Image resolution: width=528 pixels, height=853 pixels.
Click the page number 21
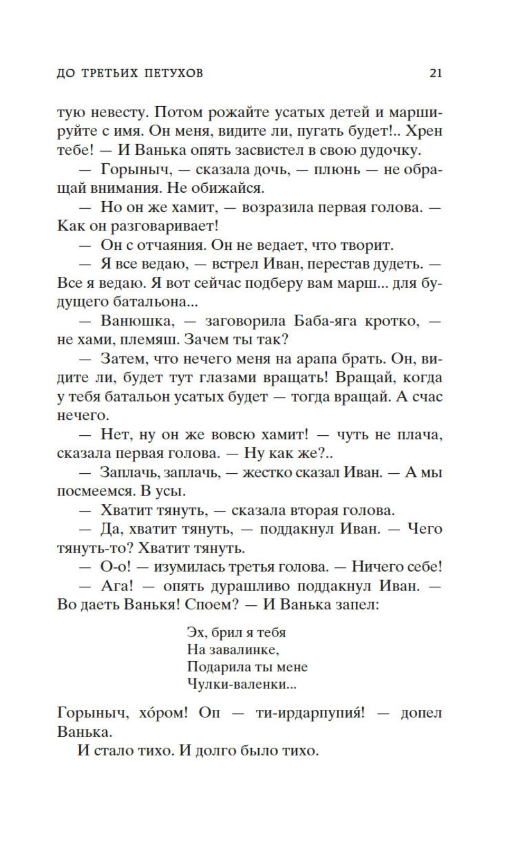436,73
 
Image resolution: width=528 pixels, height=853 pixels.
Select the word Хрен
426,131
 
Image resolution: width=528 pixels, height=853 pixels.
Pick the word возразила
277,207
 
